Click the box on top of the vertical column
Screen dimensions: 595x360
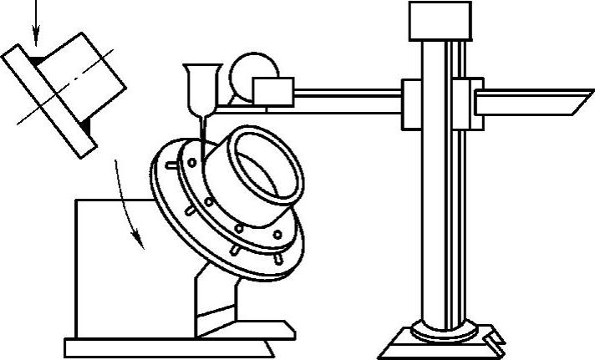click(x=435, y=20)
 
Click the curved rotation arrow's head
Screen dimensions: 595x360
click(x=142, y=243)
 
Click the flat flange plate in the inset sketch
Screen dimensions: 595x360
click(x=50, y=100)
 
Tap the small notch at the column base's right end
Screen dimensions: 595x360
click(x=495, y=339)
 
